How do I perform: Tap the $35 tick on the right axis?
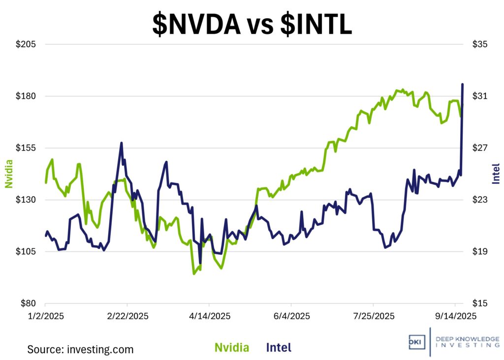pyautogui.click(x=479, y=45)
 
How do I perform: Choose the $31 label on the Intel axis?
pyautogui.click(x=479, y=96)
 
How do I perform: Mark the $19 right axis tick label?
pyautogui.click(x=479, y=252)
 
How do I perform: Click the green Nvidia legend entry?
pyautogui.click(x=232, y=348)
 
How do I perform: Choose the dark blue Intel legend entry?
pyautogui.click(x=279, y=348)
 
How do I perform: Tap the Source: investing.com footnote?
pyautogui.click(x=80, y=350)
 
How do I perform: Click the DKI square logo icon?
pyautogui.click(x=416, y=341)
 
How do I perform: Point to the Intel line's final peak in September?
pyautogui.click(x=462, y=85)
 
